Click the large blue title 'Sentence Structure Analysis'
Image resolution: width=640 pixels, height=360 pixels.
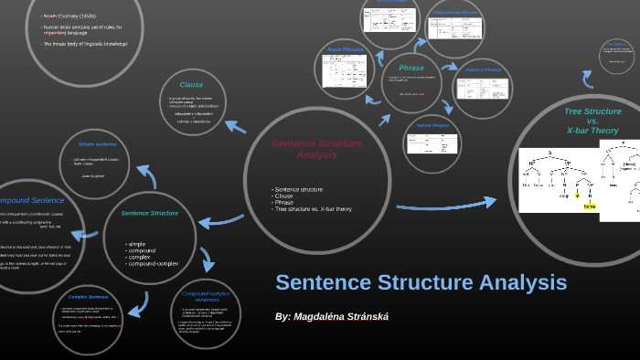pos(421,282)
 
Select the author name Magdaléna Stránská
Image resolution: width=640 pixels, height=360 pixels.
pos(332,316)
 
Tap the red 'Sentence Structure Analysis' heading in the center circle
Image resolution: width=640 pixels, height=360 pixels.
pos(316,149)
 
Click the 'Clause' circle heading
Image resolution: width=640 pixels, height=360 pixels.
pos(191,84)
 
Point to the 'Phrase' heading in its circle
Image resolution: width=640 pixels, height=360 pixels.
pos(411,68)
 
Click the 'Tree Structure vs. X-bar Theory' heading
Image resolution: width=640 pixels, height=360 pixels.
pos(592,121)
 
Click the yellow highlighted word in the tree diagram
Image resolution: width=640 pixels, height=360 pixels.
pos(590,206)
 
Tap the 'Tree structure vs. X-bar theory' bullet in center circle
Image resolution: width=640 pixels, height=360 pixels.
pos(312,209)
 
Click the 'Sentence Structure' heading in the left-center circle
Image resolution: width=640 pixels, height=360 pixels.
pos(149,213)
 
